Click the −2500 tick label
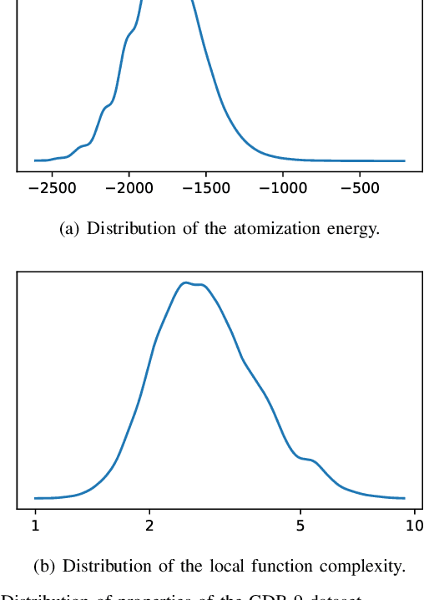click(51, 189)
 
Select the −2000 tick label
click(129, 189)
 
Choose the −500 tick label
click(360, 189)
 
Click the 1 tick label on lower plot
click(35, 525)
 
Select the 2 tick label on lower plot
click(149, 525)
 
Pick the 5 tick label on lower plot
click(300, 525)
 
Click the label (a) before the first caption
click(71, 228)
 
